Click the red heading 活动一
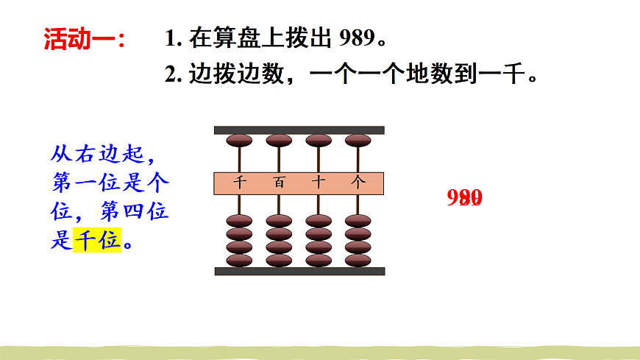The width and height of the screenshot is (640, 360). pos(84,39)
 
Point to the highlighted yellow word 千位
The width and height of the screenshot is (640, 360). pos(97,240)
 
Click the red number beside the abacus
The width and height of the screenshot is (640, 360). pos(464,198)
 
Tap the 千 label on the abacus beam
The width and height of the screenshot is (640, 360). pos(238,183)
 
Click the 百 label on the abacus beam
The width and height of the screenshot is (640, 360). pos(279,183)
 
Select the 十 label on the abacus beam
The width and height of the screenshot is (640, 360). pos(319,183)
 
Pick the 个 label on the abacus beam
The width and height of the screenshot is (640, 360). pos(358,183)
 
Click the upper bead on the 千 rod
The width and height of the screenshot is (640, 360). pos(238,141)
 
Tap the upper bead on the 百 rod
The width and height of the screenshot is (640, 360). pos(279,141)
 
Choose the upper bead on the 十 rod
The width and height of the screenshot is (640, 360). pos(319,141)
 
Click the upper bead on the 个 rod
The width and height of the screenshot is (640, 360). pos(358,141)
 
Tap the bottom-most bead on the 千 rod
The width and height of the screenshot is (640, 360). pos(238,260)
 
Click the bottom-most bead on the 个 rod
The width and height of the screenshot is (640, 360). pos(358,260)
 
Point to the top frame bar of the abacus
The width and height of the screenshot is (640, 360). pos(299,130)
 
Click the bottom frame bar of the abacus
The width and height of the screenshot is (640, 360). pos(299,272)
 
